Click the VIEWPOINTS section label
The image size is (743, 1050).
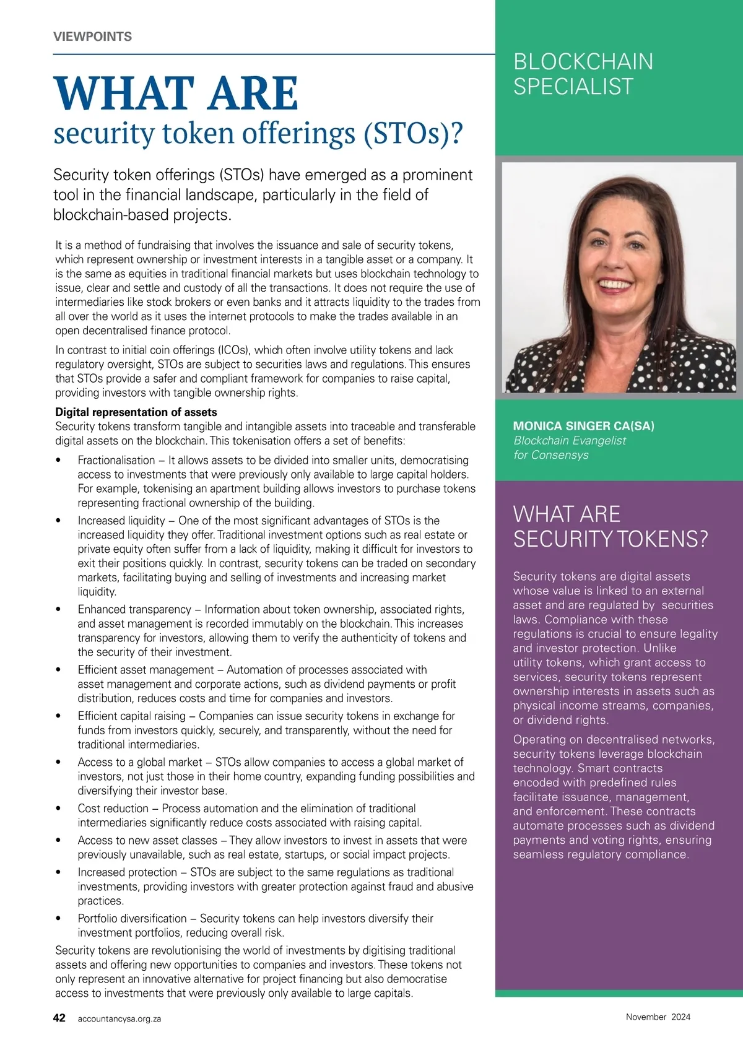click(92, 37)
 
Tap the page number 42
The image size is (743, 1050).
click(59, 1018)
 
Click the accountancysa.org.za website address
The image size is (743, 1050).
click(119, 1018)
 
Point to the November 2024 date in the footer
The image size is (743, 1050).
click(658, 1017)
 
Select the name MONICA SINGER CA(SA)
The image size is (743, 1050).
click(583, 426)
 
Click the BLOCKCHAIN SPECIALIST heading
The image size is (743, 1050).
click(583, 74)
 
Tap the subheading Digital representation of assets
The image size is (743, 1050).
click(136, 412)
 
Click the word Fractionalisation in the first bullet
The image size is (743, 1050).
click(116, 460)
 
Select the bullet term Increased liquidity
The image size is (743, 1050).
click(121, 521)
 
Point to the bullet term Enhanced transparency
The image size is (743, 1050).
click(134, 610)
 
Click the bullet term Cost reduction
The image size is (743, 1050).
click(113, 809)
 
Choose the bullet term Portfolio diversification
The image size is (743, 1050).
click(132, 919)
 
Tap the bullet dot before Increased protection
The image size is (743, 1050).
click(58, 873)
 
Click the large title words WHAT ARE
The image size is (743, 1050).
click(176, 93)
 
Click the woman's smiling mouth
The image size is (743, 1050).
click(614, 285)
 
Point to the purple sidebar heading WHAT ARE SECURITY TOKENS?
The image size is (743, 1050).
click(610, 527)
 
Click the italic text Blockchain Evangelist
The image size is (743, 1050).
click(569, 440)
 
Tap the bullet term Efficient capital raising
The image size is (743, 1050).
click(132, 716)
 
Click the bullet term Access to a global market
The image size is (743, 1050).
click(140, 763)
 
